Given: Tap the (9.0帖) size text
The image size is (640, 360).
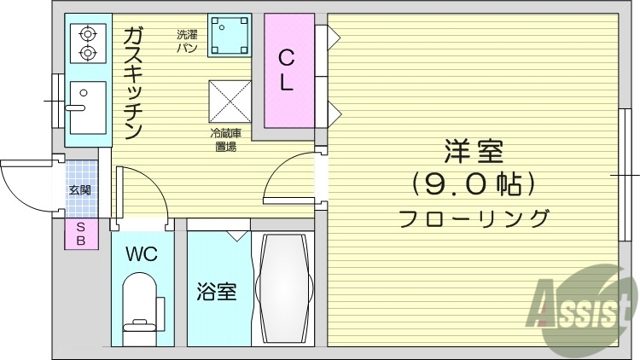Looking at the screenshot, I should tap(474, 183).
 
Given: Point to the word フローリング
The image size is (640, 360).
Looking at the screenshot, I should tap(474, 218).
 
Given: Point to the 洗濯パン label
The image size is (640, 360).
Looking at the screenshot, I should tap(187, 41).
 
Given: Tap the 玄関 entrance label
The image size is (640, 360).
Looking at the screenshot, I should tap(81, 189).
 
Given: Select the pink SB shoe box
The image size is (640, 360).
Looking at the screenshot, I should tap(81, 234).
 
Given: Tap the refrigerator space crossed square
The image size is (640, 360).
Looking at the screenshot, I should tap(230, 102).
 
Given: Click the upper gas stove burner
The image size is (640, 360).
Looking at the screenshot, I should tap(86, 35).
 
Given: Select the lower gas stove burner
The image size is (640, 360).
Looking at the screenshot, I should tap(86, 54).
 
